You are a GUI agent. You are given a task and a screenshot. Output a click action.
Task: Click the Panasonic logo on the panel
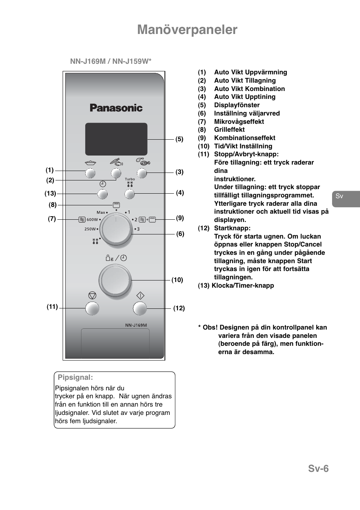[116, 108]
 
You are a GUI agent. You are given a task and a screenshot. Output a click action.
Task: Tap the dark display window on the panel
[116, 139]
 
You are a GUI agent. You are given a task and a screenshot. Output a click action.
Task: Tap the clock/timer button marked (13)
[102, 194]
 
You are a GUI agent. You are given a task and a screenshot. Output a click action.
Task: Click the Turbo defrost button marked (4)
[129, 194]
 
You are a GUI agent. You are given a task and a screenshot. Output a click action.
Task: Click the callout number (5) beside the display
[179, 139]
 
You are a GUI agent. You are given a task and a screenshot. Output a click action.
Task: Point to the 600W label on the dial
[92, 219]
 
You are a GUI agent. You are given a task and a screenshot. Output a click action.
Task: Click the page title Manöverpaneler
[187, 29]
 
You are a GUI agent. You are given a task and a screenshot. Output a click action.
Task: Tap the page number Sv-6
[318, 468]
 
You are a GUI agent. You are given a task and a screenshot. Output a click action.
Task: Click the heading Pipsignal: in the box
[75, 377]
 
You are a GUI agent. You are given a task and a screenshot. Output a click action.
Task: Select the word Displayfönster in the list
[237, 105]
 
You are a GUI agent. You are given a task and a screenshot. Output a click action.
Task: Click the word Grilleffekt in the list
[229, 129]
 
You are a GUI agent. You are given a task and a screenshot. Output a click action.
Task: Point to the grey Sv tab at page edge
[344, 197]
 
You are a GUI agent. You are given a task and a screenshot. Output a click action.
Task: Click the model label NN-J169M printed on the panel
[136, 325]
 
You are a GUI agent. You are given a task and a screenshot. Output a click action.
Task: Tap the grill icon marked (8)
[116, 205]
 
